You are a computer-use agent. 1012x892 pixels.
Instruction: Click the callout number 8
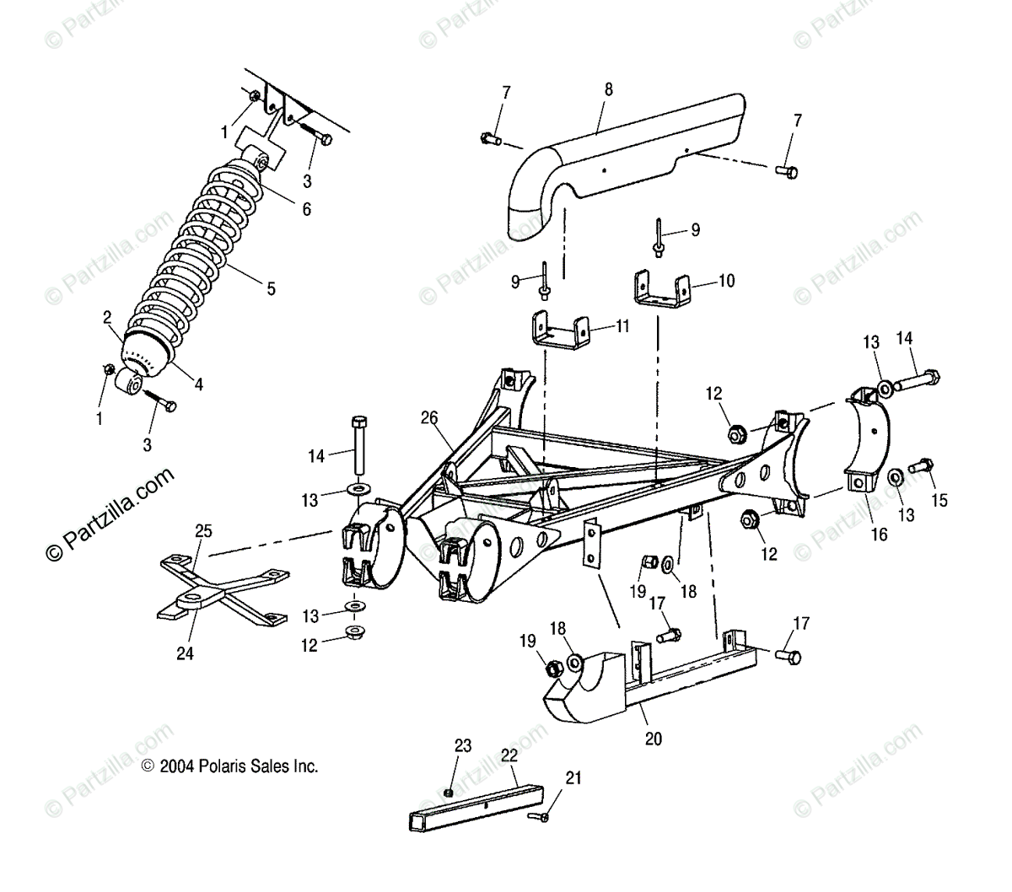609,89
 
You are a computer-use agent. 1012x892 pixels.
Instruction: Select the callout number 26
430,416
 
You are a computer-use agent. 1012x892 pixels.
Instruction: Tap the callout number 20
654,739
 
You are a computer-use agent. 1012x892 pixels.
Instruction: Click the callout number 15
939,501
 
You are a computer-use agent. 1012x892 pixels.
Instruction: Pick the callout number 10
726,281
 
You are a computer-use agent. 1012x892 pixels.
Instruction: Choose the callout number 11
622,325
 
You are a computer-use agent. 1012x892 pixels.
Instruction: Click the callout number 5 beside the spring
271,288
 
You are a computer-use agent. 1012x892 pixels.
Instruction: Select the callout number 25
203,531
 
